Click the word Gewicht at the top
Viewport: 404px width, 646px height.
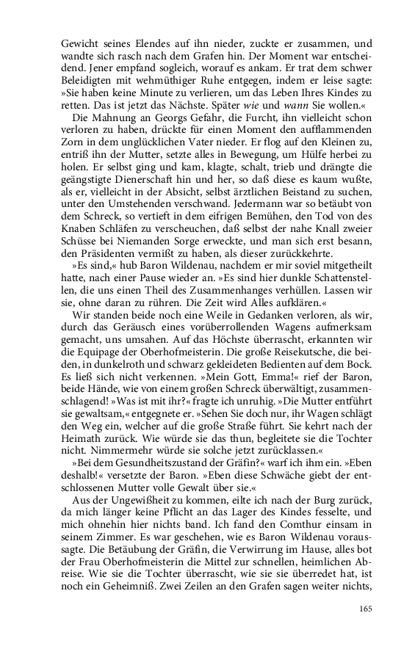pyautogui.click(x=80, y=43)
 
